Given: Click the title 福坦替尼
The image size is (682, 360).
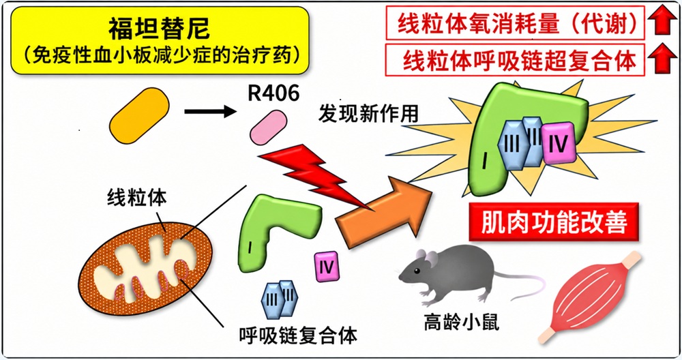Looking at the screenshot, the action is (x=159, y=29).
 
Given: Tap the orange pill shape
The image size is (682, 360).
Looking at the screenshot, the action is (x=139, y=115).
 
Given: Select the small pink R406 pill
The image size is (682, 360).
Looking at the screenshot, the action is (x=268, y=127).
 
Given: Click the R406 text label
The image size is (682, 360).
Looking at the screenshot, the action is (x=273, y=93).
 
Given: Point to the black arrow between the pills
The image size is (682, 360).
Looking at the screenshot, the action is (x=211, y=112).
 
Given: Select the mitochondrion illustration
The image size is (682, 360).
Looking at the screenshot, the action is (x=146, y=269).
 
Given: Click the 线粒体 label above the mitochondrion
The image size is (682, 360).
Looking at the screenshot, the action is (x=136, y=198).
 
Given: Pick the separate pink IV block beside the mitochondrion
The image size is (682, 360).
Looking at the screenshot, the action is (x=327, y=266).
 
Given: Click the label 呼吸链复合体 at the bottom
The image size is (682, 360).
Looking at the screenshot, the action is (x=298, y=335).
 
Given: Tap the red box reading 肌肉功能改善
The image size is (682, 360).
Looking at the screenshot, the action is (x=554, y=222).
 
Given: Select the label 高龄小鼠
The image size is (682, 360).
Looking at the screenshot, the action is (x=461, y=322).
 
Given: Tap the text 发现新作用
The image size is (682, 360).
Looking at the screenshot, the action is (x=368, y=113).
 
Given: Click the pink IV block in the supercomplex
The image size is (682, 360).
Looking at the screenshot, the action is (x=559, y=143).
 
